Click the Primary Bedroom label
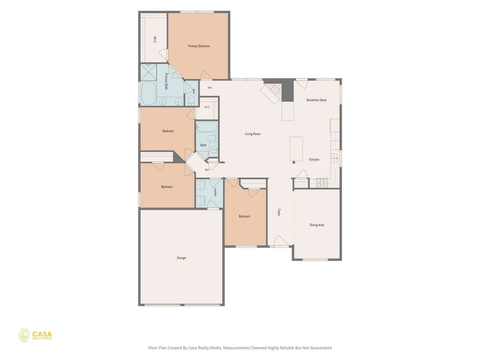tap(199, 46)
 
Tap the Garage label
tap(181, 258)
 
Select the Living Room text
tap(253, 134)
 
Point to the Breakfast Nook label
tap(317, 100)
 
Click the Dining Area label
tap(317, 225)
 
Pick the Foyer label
tap(279, 212)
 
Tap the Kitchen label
tap(314, 159)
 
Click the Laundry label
tap(215, 192)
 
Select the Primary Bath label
tap(166, 81)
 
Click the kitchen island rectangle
tap(296, 149)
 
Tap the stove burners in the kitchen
tap(322, 183)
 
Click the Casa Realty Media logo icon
tap(24, 336)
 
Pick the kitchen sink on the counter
tap(334, 158)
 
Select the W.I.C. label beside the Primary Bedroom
tap(155, 40)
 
